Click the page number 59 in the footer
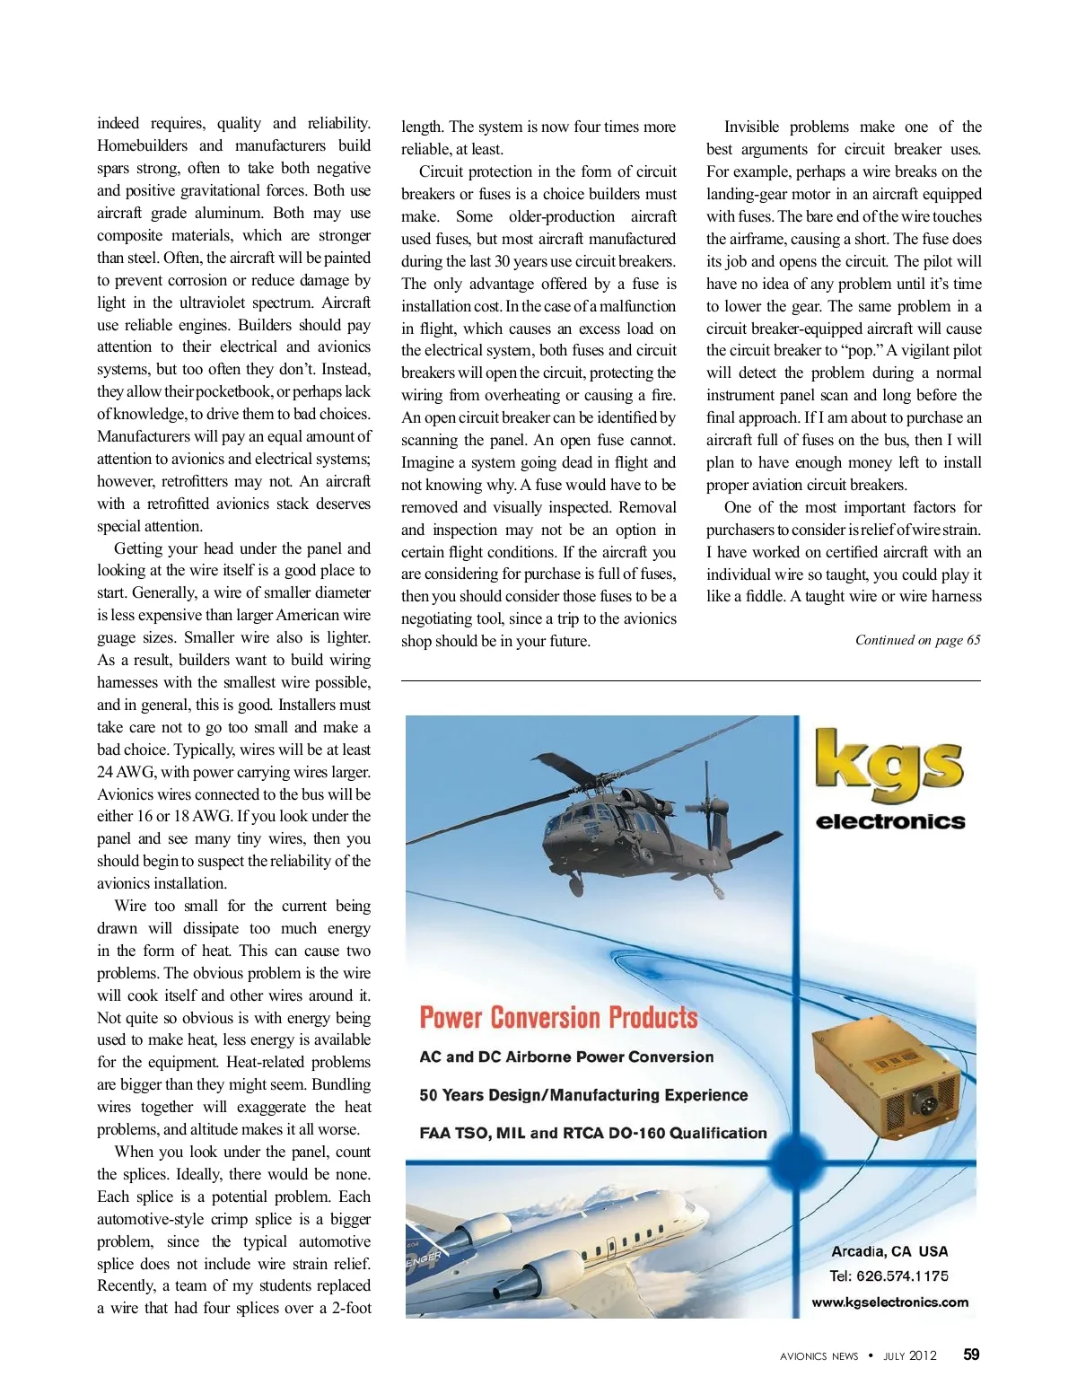tap(971, 1355)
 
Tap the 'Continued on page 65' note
tap(917, 640)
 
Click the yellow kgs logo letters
tap(889, 765)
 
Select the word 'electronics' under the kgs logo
tap(890, 821)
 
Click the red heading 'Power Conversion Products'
tap(558, 1018)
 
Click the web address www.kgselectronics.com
tap(889, 1302)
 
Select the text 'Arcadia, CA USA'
tap(889, 1251)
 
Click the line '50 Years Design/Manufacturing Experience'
tap(583, 1095)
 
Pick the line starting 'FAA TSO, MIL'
tap(592, 1133)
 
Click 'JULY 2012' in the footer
tap(910, 1355)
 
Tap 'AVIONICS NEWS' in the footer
tap(819, 1356)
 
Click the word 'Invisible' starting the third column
tap(753, 127)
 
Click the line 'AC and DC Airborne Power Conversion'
tap(566, 1057)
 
